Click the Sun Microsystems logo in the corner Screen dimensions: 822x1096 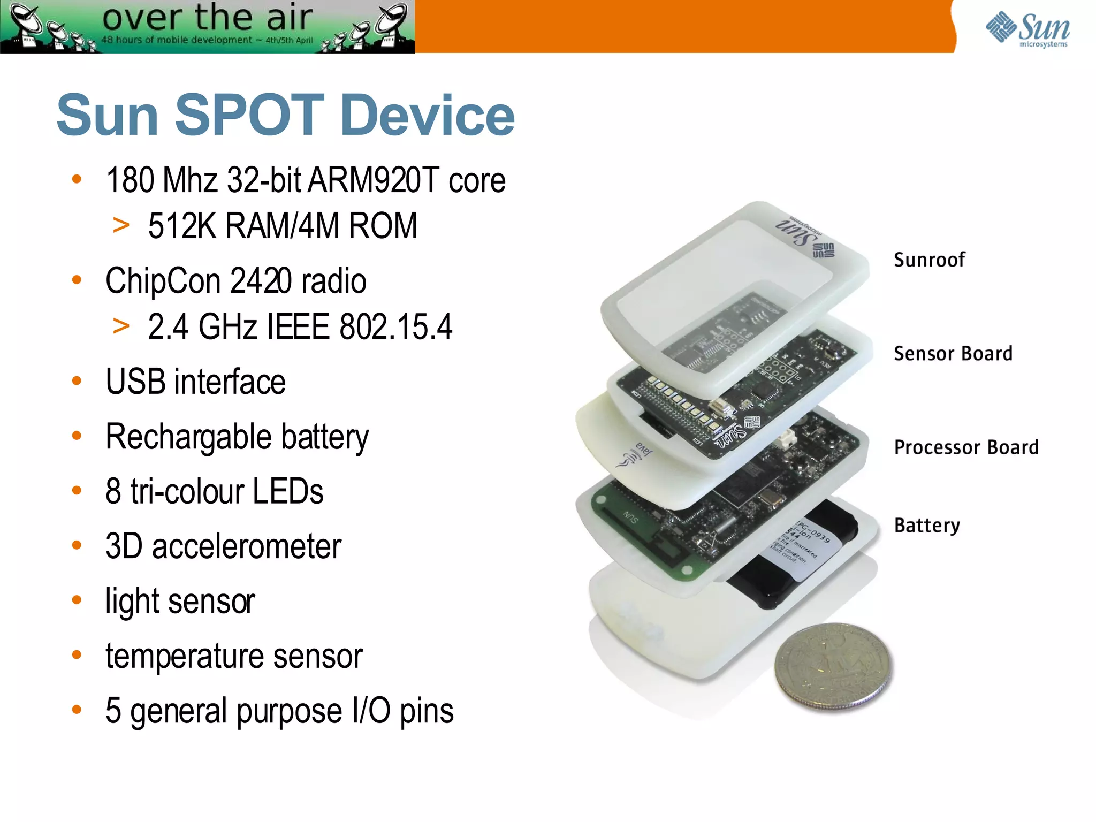click(1027, 29)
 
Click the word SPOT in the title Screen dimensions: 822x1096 click(249, 115)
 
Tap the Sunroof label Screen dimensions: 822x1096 click(929, 260)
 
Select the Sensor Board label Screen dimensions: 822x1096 click(953, 354)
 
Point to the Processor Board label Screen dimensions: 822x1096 click(966, 447)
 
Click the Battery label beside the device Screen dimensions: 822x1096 click(927, 526)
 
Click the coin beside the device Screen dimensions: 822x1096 click(833, 666)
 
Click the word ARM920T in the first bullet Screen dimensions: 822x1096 click(374, 180)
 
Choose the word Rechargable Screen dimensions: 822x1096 click(188, 437)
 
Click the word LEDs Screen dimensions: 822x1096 click(288, 491)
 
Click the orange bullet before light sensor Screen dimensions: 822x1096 click(77, 600)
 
